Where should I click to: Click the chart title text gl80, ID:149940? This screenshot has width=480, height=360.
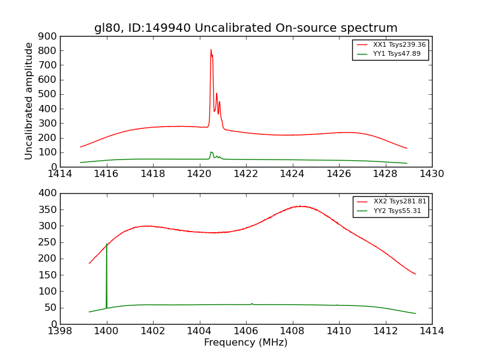coord(245,28)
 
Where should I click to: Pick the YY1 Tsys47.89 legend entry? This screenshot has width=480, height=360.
coord(397,54)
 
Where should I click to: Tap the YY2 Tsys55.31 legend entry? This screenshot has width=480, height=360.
coord(397,211)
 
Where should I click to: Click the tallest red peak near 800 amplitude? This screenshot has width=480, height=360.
coord(211,50)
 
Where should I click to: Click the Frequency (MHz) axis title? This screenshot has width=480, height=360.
coord(245,343)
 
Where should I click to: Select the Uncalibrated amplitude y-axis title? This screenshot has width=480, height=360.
coord(29,101)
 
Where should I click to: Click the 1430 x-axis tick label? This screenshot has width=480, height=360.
coord(431,174)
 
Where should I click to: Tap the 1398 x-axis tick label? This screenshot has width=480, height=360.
coord(61,331)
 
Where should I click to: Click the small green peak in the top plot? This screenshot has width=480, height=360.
coord(211,152)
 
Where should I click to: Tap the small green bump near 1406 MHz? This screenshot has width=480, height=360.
coord(252,304)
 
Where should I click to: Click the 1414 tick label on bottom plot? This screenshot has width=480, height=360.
coord(431,331)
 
